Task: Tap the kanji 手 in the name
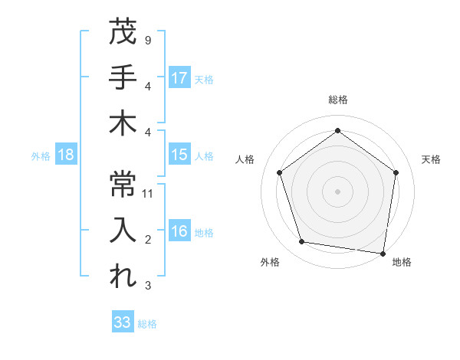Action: tap(123, 77)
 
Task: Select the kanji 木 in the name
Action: tap(123, 123)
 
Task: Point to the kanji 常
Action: tap(123, 184)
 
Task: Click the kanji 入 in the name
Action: tap(123, 231)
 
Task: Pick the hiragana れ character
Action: tap(123, 277)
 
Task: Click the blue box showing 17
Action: tap(179, 77)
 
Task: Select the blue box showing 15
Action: tap(179, 155)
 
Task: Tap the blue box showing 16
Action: tap(179, 231)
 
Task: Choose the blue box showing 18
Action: tap(66, 155)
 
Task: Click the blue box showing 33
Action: tap(123, 322)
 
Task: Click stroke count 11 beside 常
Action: tap(149, 194)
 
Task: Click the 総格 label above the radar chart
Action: tap(338, 100)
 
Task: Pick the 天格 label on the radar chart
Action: tap(431, 159)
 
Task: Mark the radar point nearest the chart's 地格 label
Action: tap(383, 253)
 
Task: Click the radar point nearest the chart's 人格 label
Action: tap(280, 172)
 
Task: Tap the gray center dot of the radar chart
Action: tap(338, 191)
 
